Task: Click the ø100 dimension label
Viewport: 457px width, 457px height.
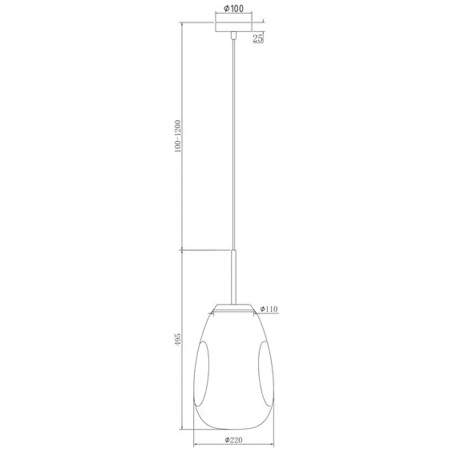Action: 233,10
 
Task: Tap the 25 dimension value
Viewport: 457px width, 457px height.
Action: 258,38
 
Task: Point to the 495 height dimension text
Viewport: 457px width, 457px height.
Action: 178,341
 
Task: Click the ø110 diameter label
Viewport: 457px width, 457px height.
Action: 269,308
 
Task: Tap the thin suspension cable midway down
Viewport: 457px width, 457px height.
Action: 233,144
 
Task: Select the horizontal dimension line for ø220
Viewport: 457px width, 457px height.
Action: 233,447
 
